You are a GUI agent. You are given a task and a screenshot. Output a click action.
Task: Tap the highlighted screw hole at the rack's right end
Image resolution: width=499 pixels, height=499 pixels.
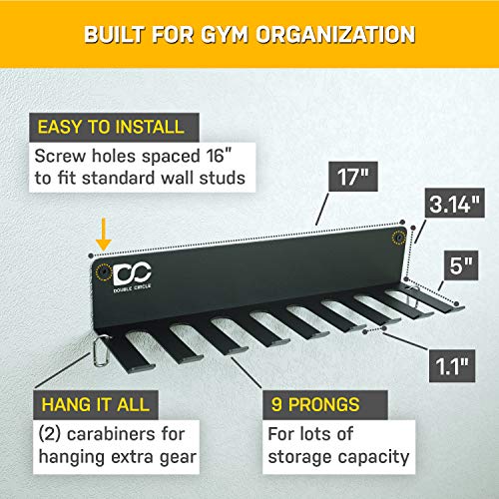(x=399, y=238)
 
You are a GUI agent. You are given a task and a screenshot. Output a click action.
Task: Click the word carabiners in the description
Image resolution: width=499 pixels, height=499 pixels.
(x=117, y=435)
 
